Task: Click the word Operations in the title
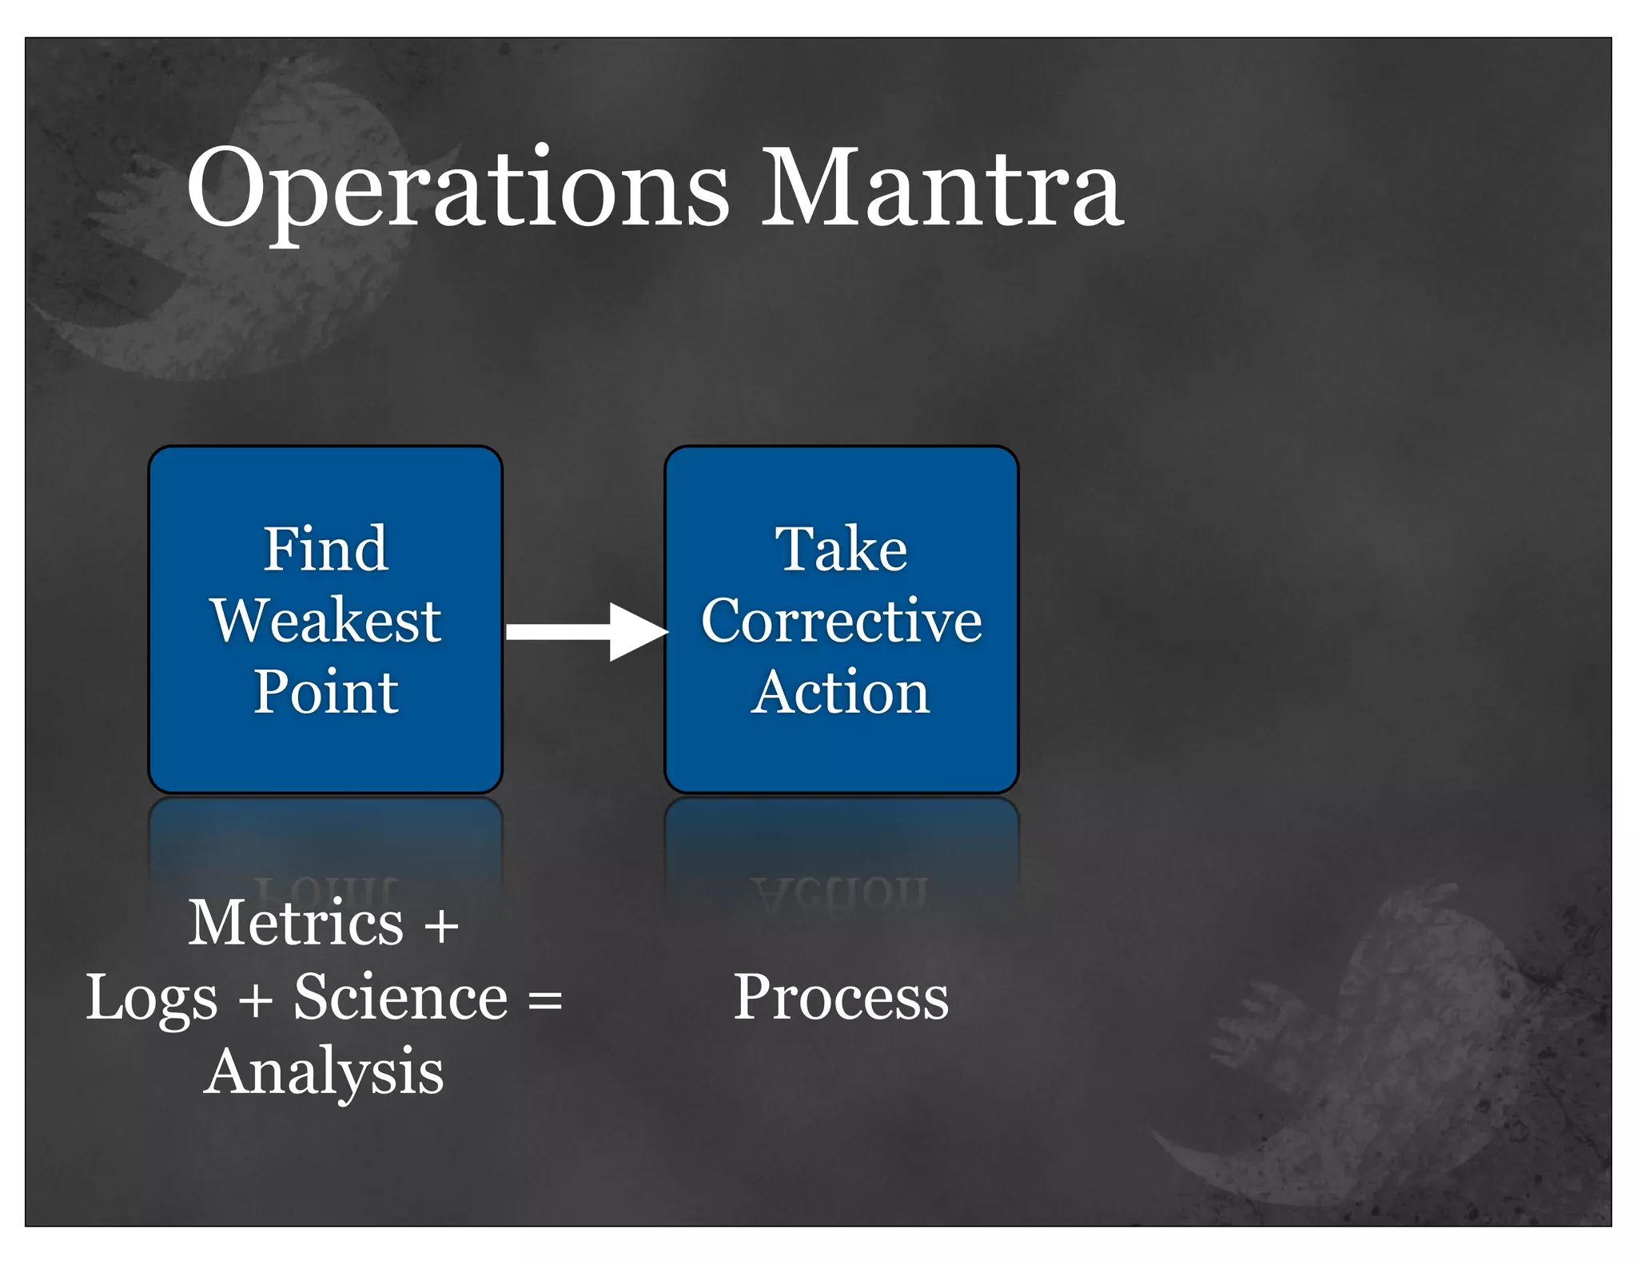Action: coord(457,190)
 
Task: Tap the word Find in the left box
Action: coord(325,550)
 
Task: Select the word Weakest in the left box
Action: coord(325,621)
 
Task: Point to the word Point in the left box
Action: coord(325,692)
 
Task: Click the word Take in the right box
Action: coord(841,550)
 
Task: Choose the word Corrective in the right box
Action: coord(841,621)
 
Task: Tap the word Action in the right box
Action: coord(841,692)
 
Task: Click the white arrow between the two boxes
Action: coord(587,632)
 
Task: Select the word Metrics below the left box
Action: coord(296,923)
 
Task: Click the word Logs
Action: coord(152,999)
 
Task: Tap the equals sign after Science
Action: coord(545,1000)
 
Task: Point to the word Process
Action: coord(841,999)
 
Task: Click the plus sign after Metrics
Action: coord(441,927)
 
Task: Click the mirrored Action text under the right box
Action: coord(841,893)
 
